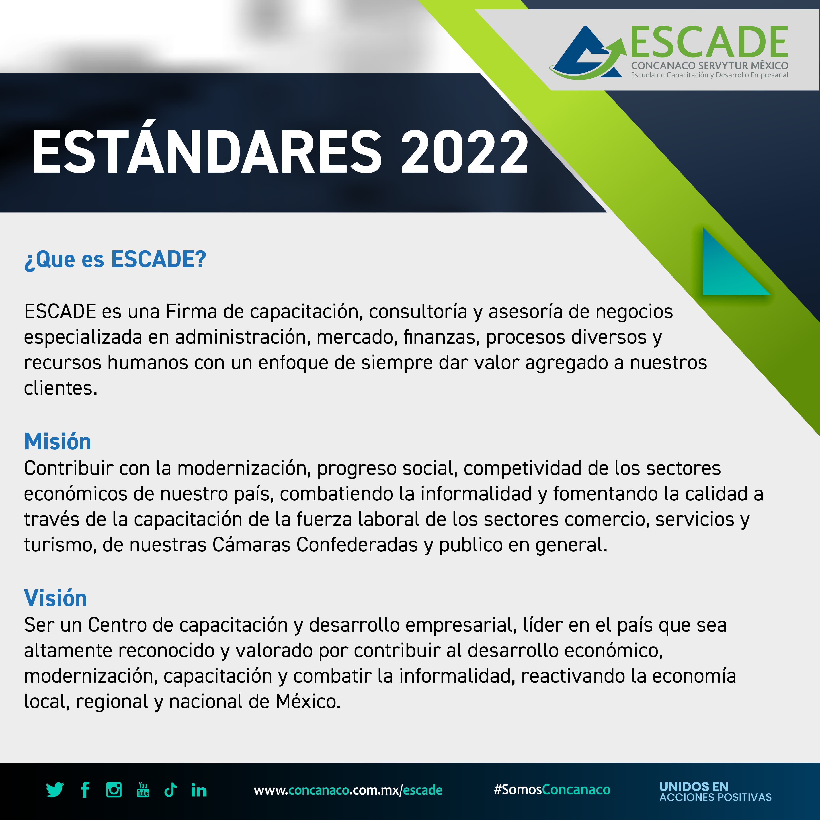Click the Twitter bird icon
(x=55, y=790)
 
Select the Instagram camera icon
(x=114, y=790)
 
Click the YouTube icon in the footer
(x=143, y=790)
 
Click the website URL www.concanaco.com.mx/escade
(x=348, y=790)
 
